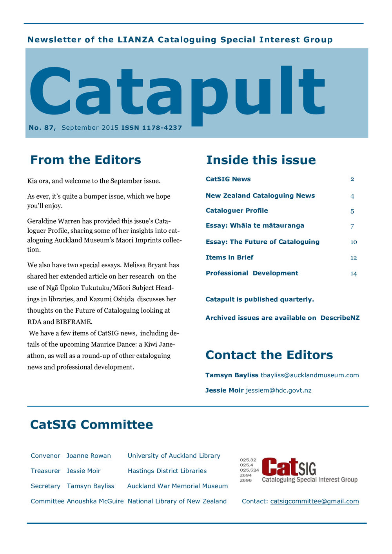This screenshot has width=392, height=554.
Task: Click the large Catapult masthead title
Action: tap(176, 94)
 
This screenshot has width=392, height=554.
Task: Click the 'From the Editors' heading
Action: tap(85, 160)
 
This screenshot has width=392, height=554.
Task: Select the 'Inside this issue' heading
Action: tap(261, 160)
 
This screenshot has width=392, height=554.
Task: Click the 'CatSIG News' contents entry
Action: tap(228, 179)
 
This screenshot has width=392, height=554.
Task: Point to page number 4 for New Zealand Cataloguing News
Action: tap(352, 196)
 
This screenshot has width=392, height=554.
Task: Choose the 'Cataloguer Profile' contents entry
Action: tap(237, 210)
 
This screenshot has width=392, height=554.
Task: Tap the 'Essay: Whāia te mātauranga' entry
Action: tap(255, 226)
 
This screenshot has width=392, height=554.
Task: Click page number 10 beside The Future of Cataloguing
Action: tap(354, 242)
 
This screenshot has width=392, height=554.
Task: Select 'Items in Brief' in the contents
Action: tap(229, 257)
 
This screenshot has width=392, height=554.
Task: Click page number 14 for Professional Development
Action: tap(354, 273)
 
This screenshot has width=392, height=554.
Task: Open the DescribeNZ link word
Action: tap(340, 318)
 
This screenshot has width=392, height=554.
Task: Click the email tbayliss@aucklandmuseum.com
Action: tap(310, 375)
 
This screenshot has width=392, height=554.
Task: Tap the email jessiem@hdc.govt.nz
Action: tap(278, 390)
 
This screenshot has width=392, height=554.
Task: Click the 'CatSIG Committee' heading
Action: tap(91, 425)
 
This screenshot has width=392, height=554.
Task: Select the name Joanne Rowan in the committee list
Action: tap(89, 456)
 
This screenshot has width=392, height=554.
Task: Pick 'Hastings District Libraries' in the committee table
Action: tap(167, 471)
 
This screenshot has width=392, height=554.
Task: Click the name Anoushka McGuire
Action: tap(95, 501)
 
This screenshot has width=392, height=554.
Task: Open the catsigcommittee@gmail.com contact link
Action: tap(314, 501)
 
